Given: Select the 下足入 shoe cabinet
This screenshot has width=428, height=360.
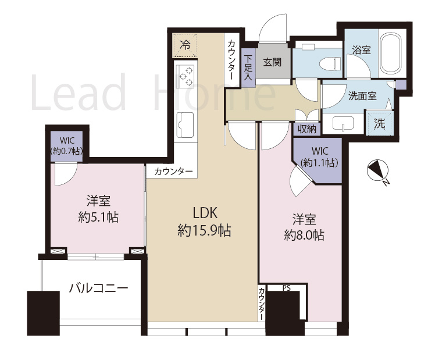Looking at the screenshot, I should (x=248, y=67).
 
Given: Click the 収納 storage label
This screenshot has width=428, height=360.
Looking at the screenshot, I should (x=306, y=129).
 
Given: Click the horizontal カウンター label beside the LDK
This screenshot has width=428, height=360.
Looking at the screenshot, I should (x=173, y=171).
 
